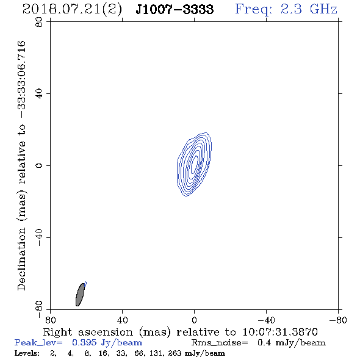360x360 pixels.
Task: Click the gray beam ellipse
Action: coord(80,295)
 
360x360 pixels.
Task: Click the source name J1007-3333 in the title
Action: coord(175,9)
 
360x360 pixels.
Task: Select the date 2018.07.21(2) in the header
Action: coord(72,10)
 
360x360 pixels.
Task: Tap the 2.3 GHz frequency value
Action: coord(309,9)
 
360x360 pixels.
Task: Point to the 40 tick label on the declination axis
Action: coord(39,94)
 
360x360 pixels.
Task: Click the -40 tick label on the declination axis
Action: coord(39,237)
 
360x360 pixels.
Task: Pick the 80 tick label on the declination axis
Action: coord(39,22)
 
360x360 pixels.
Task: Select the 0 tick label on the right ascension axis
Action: coord(194,320)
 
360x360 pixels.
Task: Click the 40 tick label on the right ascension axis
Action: coord(122,320)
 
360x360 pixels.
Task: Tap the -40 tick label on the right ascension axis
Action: coord(266,320)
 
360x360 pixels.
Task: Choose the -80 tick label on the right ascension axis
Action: coord(338,320)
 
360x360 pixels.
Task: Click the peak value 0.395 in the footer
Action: coord(84,342)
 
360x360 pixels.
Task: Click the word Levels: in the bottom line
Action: coord(27,353)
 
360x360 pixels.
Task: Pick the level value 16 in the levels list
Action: coord(103,353)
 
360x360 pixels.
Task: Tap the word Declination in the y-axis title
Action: coord(21,259)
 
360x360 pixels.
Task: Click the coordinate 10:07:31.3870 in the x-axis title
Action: coord(280,332)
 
